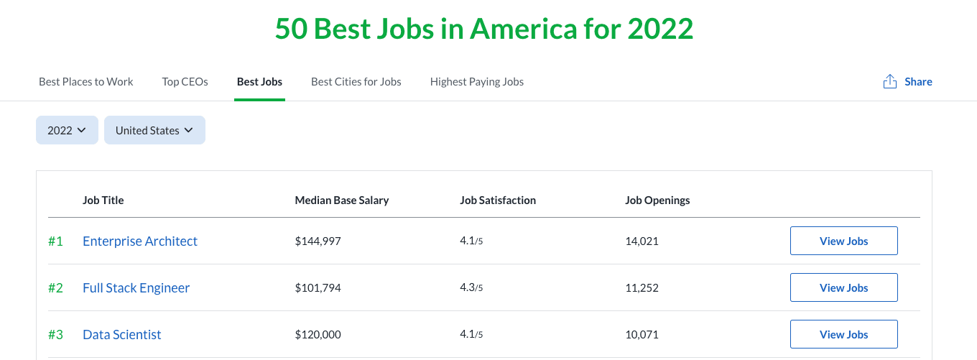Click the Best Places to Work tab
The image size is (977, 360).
click(x=86, y=82)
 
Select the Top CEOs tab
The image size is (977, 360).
click(x=185, y=82)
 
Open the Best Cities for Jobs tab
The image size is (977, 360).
click(x=356, y=82)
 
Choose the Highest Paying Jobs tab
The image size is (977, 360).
click(x=476, y=82)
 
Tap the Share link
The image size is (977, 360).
click(x=918, y=82)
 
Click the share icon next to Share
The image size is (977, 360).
click(x=890, y=82)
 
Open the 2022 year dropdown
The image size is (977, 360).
click(x=67, y=130)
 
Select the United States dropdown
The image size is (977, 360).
click(x=154, y=130)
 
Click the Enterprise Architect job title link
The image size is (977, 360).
click(x=140, y=241)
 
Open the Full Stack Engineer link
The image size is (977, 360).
click(x=136, y=288)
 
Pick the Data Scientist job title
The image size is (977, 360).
click(x=122, y=335)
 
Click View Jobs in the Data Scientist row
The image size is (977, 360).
click(x=843, y=334)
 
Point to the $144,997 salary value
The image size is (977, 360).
click(x=318, y=241)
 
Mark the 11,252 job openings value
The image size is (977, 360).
click(x=642, y=288)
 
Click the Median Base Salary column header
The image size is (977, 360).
click(x=342, y=200)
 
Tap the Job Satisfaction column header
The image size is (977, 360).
click(x=498, y=200)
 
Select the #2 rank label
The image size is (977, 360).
click(x=55, y=288)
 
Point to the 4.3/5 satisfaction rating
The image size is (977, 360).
click(x=471, y=288)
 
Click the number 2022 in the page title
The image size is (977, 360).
click(x=660, y=29)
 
